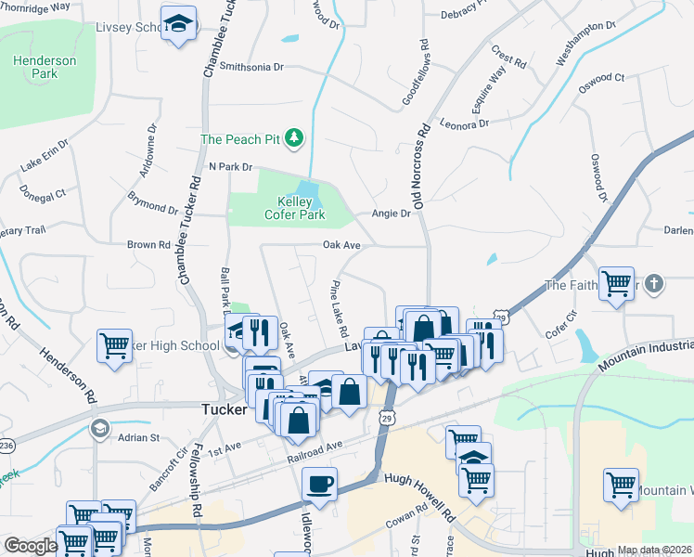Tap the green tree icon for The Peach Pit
(x=294, y=138)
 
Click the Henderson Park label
(x=44, y=67)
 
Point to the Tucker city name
(x=225, y=408)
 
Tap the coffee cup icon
(x=320, y=484)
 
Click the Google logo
(x=30, y=546)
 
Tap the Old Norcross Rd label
(x=427, y=158)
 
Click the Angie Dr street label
(x=391, y=214)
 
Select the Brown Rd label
(x=148, y=245)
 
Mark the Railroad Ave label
(x=314, y=445)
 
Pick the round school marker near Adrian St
(x=98, y=428)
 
